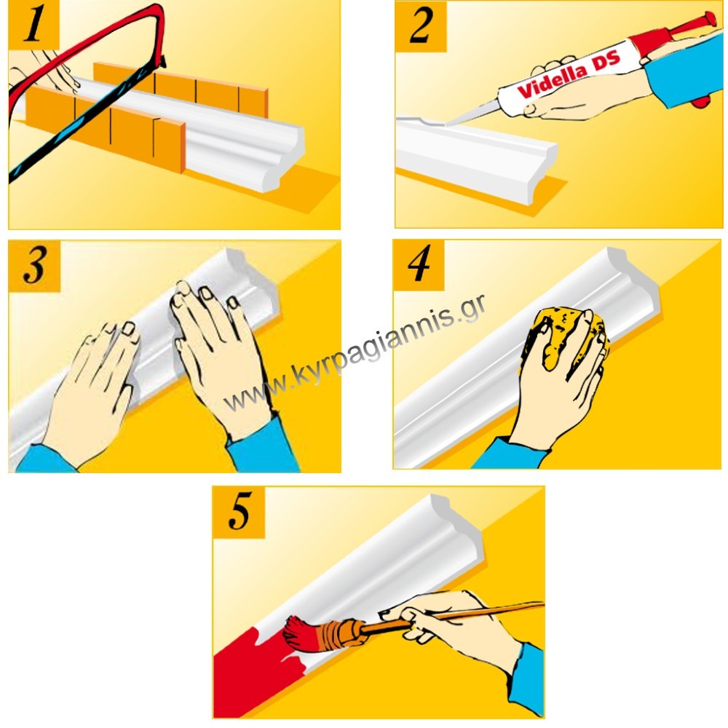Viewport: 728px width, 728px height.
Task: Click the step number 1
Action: [33, 23]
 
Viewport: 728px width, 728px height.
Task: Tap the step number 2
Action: [421, 26]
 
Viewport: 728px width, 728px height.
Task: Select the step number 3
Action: [34, 265]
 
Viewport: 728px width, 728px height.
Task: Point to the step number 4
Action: [419, 264]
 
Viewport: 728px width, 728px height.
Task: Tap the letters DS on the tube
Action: [606, 62]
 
